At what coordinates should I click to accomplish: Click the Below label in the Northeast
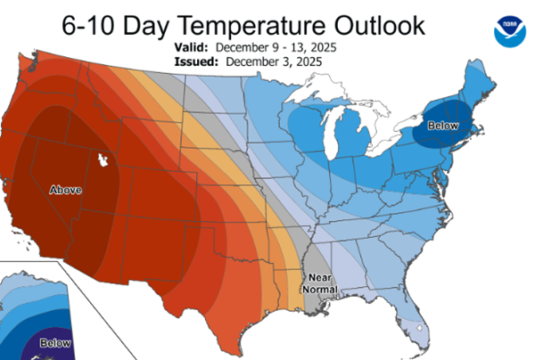[443, 127]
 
